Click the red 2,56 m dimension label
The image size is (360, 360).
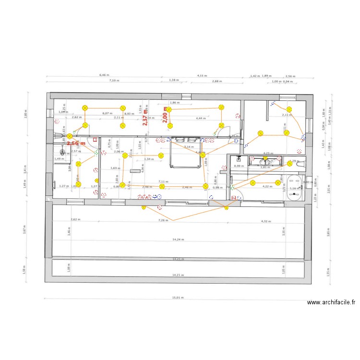coord(76,143)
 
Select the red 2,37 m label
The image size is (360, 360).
coord(145,117)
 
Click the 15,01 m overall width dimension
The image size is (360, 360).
coord(179,298)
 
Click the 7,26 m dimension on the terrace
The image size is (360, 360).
coord(164,220)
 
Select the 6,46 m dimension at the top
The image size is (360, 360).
coord(104,75)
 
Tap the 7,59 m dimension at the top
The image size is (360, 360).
coord(114,81)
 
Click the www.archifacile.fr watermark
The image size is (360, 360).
coord(331,302)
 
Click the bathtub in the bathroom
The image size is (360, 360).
coord(294,192)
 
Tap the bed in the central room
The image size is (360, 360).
coord(185,153)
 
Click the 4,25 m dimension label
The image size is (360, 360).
coord(269,153)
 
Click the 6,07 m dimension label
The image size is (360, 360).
coord(107,114)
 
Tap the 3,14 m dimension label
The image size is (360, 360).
coord(189,147)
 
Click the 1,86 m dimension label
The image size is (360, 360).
coord(175,103)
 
